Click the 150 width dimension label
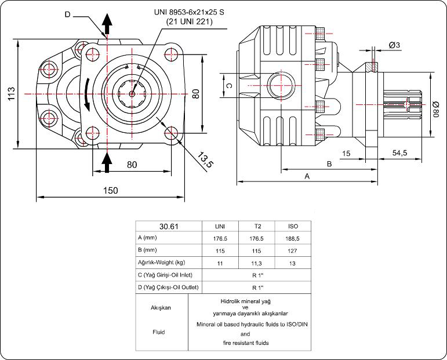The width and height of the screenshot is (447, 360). tap(110, 191)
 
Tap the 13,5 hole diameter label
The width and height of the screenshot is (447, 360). tap(204, 158)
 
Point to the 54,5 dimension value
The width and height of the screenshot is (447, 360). tap(399, 153)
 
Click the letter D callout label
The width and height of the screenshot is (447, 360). tap(67, 14)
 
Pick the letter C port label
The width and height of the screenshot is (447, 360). tap(228, 86)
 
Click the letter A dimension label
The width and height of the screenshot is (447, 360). tap(307, 176)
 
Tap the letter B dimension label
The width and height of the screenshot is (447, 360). tap(329, 163)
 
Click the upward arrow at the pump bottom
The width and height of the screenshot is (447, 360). tap(107, 162)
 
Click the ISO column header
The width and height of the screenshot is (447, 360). tap(293, 226)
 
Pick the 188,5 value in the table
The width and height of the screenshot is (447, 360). tap(293, 238)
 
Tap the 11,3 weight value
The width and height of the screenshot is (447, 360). tap(256, 263)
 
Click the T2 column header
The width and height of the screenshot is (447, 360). tap(256, 226)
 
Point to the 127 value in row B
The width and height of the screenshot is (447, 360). tap(293, 250)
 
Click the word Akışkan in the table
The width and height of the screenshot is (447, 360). tap(162, 308)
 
